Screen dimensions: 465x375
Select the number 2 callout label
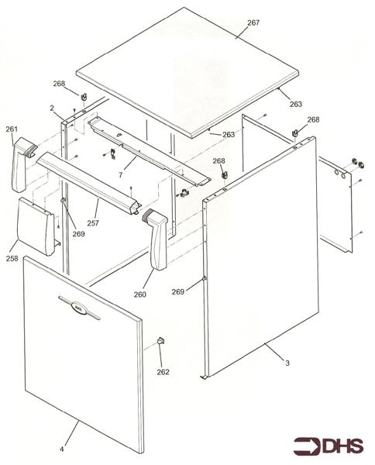52,108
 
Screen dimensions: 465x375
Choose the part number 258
12,258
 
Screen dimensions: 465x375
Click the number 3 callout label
287,362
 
